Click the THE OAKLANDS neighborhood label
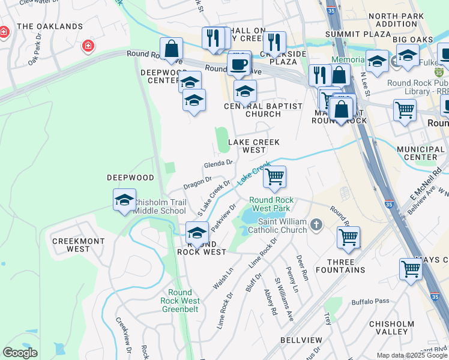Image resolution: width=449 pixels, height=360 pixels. tap(50, 26)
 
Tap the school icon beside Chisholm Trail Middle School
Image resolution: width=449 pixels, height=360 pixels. tap(124, 199)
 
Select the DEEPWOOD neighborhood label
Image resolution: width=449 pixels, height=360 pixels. tap(130, 178)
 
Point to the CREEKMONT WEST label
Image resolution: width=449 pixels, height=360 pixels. tap(71, 245)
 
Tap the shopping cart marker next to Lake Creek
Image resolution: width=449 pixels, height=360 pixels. tap(274, 176)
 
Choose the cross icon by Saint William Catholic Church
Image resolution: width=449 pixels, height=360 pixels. tap(317, 225)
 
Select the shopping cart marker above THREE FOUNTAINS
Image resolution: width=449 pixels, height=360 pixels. tap(348, 237)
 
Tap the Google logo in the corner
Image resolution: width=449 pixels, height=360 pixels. tap(20, 353)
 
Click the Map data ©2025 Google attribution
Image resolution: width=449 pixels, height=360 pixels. tap(412, 355)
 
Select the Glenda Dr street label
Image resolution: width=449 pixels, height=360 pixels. tap(218, 163)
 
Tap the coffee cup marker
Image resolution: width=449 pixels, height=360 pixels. tap(239, 64)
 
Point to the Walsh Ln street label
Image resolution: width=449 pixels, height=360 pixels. tap(222, 280)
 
